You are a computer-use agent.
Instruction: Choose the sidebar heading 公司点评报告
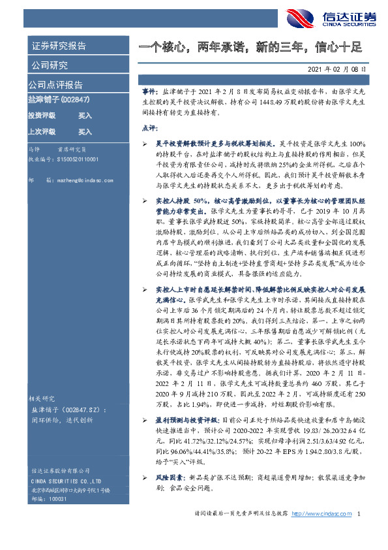55,85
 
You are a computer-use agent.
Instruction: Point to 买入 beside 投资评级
85,115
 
